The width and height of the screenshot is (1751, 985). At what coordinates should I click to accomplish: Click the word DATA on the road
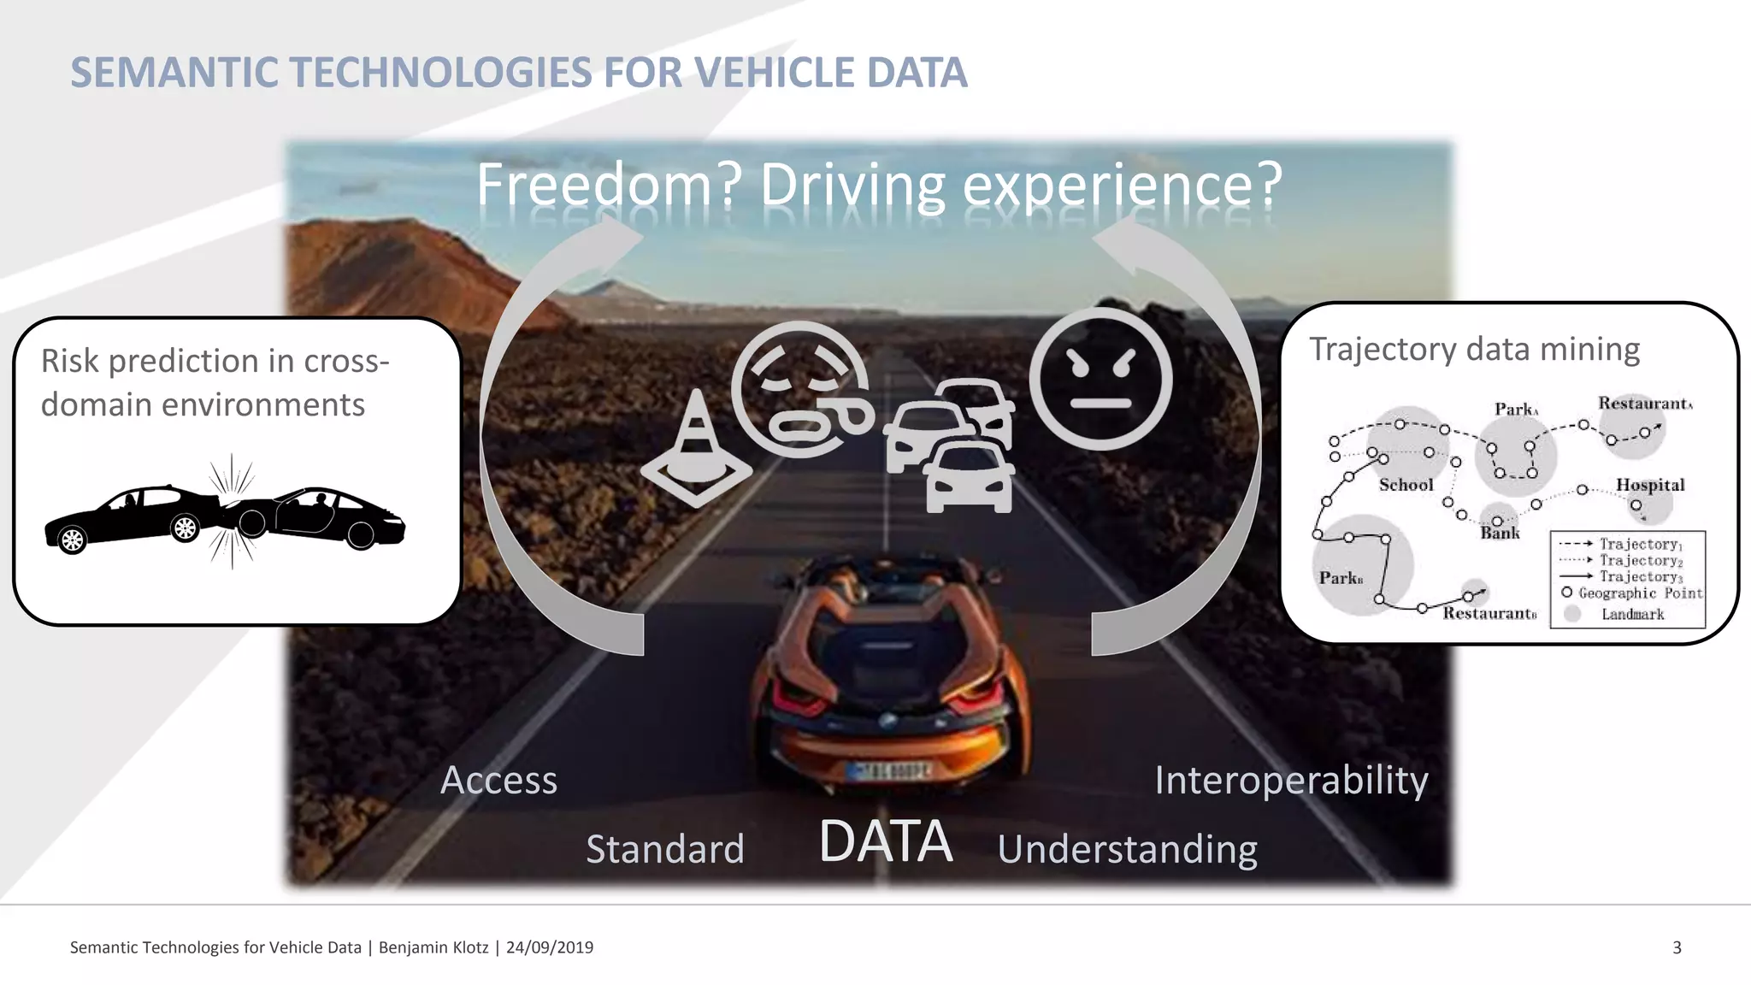(x=885, y=841)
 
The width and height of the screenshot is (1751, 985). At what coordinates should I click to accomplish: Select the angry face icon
(x=1100, y=379)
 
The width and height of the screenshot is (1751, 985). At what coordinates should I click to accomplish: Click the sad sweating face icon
(x=801, y=389)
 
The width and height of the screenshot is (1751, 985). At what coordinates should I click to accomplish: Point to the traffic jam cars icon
(x=952, y=446)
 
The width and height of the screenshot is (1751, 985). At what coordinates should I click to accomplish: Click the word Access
(x=498, y=780)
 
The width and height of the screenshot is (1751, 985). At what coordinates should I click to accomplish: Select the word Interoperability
(x=1291, y=780)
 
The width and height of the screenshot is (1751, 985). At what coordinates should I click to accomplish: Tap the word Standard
(x=665, y=849)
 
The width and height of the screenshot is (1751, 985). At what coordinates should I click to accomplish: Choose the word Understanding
(x=1127, y=849)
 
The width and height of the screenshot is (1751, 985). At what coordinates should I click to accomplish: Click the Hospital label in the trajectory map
(x=1649, y=485)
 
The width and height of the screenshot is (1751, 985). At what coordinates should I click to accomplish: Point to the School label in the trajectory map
(x=1406, y=485)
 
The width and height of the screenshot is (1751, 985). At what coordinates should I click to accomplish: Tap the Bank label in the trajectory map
(x=1500, y=533)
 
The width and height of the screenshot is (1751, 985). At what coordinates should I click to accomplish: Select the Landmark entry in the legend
(x=1632, y=614)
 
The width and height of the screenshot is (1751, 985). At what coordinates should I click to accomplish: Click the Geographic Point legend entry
(x=1640, y=593)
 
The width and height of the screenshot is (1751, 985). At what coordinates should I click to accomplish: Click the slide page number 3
(x=1677, y=947)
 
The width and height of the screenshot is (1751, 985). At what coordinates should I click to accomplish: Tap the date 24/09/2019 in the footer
(x=550, y=947)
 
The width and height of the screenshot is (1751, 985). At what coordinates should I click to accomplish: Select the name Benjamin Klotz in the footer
(x=433, y=947)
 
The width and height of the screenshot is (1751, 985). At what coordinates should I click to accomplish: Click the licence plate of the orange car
(x=887, y=770)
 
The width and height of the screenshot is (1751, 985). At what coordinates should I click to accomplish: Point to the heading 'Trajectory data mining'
(x=1474, y=349)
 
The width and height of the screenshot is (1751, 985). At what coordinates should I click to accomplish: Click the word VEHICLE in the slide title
(x=774, y=72)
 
